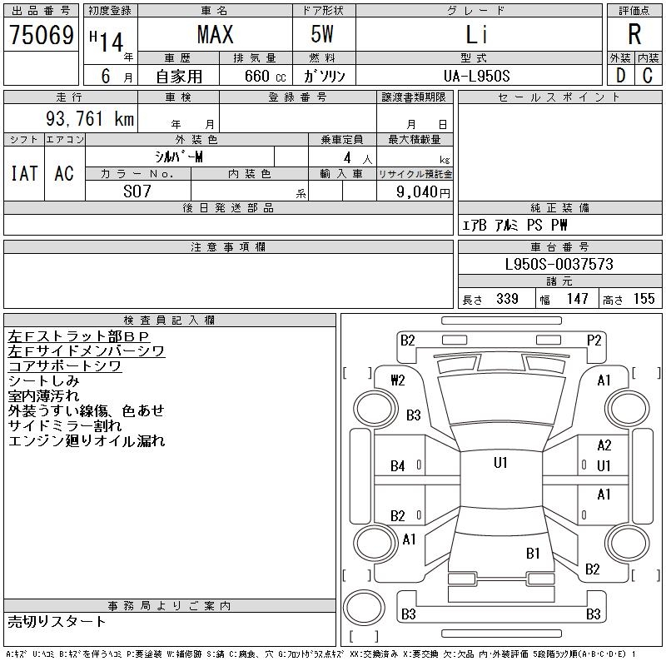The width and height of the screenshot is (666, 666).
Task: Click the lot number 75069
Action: point(41,35)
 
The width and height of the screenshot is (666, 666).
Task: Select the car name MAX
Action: point(215,35)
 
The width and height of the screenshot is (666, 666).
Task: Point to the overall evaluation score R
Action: point(634,35)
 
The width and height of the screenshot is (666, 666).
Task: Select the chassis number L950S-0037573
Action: point(559,264)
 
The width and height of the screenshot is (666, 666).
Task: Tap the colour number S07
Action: point(137,191)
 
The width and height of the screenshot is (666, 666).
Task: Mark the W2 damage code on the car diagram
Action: point(397,380)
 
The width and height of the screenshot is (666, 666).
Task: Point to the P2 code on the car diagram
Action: point(594,340)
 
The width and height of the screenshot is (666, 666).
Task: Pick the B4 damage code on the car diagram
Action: point(398,466)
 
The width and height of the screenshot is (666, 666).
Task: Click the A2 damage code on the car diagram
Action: point(604,445)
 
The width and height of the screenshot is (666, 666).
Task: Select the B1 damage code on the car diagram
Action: point(534,553)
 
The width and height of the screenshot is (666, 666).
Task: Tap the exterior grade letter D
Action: point(620,76)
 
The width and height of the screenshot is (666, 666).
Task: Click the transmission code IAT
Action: point(24,173)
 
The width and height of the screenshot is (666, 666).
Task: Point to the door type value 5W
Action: point(325,35)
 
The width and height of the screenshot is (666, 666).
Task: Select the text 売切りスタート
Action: point(57,621)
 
